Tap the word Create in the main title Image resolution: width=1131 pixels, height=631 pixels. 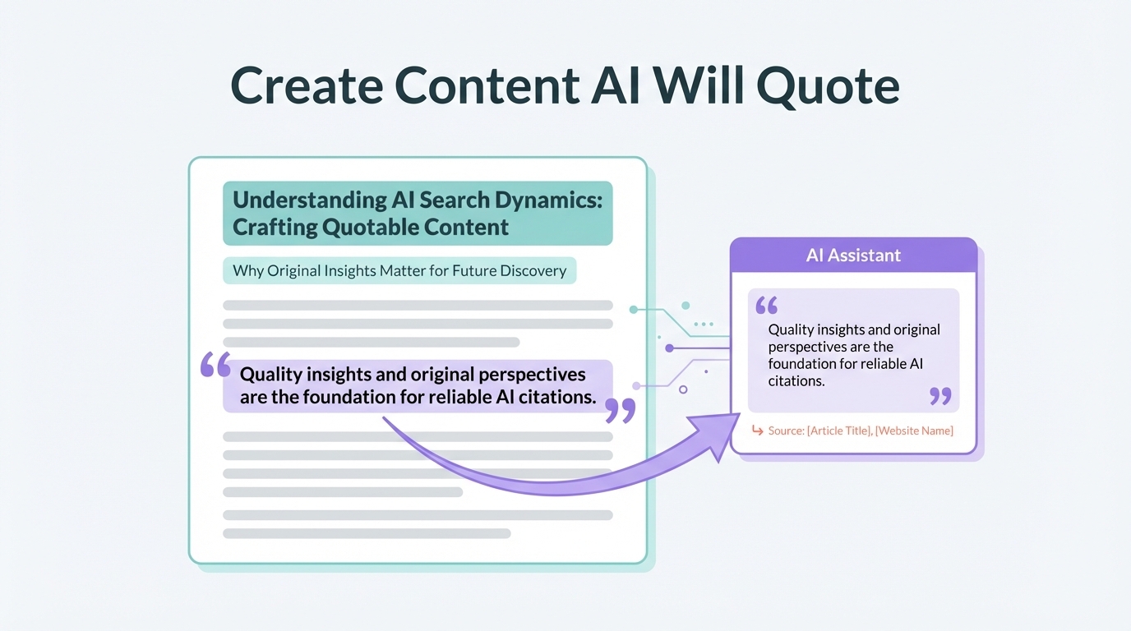[307, 85]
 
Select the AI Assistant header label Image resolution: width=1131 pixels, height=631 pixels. [853, 256]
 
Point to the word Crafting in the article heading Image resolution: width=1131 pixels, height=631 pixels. [274, 228]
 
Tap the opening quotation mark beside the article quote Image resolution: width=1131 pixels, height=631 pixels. [215, 365]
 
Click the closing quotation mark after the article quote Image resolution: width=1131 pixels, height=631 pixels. [620, 411]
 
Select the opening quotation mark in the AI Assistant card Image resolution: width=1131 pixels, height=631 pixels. [766, 306]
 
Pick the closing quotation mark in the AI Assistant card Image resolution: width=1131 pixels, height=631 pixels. [940, 396]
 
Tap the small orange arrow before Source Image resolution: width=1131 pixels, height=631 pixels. [757, 430]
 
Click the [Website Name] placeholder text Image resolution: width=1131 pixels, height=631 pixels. [914, 431]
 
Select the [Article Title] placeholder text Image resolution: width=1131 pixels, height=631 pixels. [839, 431]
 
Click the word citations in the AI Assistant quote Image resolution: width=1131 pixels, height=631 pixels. [796, 381]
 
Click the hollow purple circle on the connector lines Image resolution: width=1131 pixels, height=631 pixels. [683, 389]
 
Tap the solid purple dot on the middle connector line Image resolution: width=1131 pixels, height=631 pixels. [670, 348]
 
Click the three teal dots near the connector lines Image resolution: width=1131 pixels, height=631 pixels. [704, 324]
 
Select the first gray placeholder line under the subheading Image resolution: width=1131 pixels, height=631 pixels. [418, 306]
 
